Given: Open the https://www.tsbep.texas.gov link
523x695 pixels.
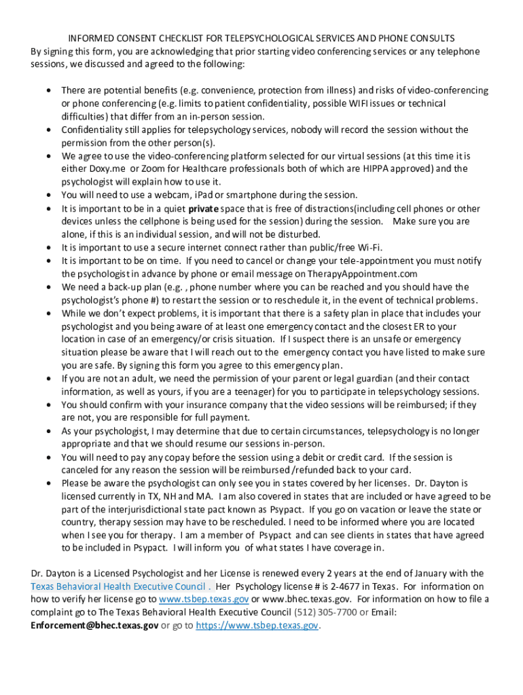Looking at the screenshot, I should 257,626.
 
